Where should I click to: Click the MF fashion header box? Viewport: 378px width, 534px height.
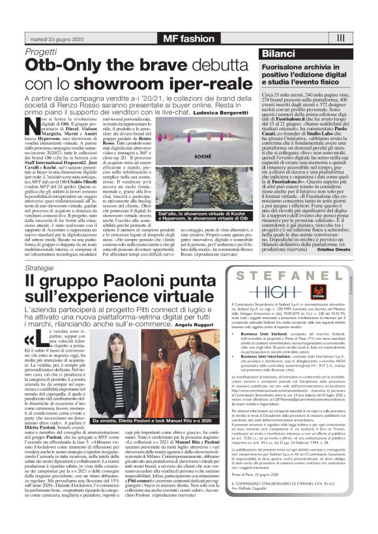tap(188, 38)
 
